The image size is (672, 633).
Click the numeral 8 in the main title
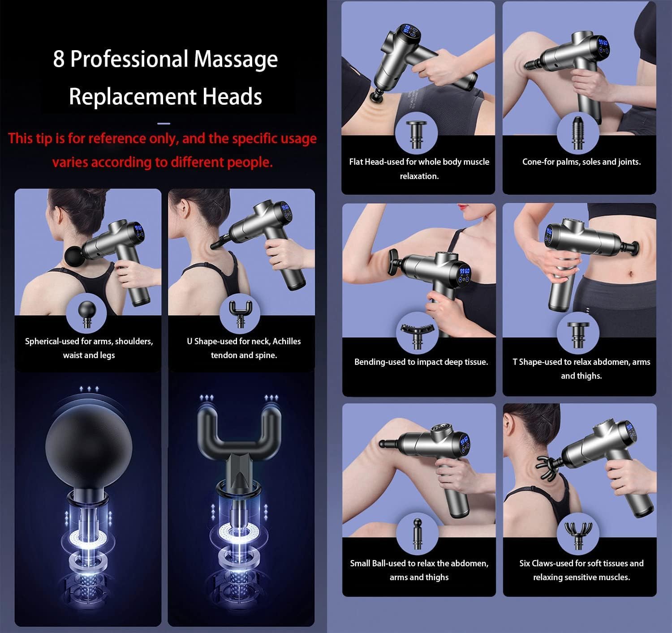(x=59, y=59)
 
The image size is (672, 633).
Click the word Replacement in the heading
(x=132, y=97)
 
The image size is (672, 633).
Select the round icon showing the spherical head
(x=86, y=314)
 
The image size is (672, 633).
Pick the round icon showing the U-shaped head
(x=240, y=314)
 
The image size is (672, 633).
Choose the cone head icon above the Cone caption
(x=578, y=133)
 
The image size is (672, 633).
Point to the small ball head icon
(x=417, y=534)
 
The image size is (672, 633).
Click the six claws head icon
(x=578, y=534)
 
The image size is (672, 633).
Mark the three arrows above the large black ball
(x=89, y=389)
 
